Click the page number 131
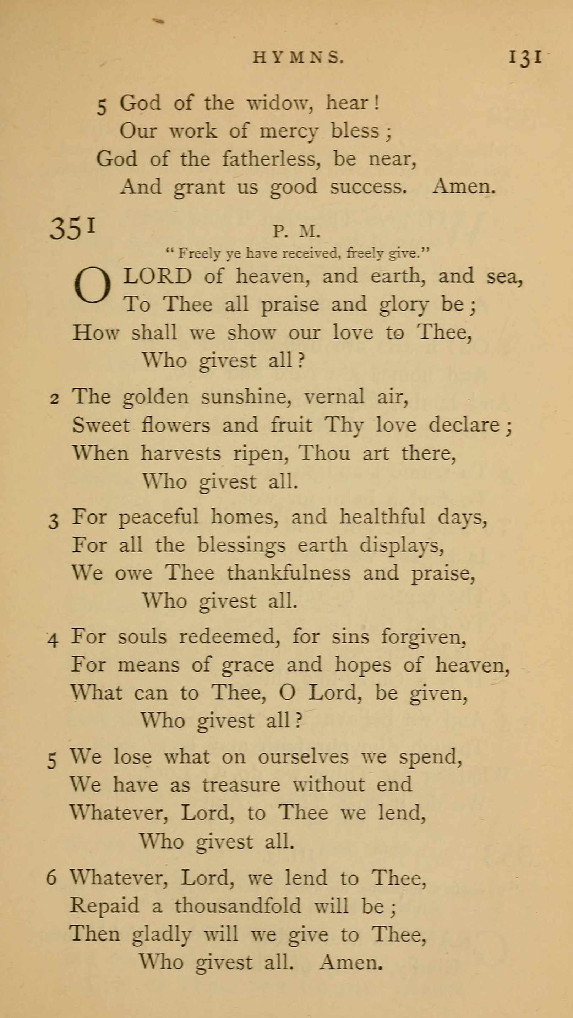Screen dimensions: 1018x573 (525, 58)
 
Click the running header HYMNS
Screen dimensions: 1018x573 (298, 58)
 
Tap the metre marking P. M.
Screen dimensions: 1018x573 (296, 232)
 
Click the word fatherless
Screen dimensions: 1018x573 (271, 159)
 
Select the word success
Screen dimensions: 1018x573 (368, 187)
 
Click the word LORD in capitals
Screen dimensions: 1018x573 (158, 276)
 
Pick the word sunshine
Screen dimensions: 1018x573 (246, 397)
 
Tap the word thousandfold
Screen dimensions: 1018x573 (238, 905)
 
